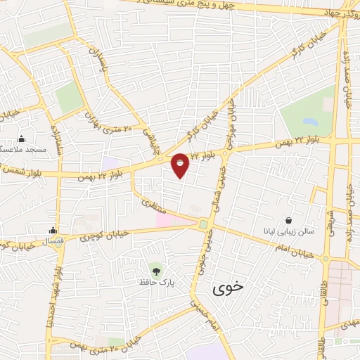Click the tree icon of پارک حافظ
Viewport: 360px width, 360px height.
(x=155, y=269)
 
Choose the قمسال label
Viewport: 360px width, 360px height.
(x=53, y=240)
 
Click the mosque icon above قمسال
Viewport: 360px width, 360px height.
(x=53, y=230)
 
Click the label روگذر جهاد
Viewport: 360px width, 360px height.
(x=330, y=11)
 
